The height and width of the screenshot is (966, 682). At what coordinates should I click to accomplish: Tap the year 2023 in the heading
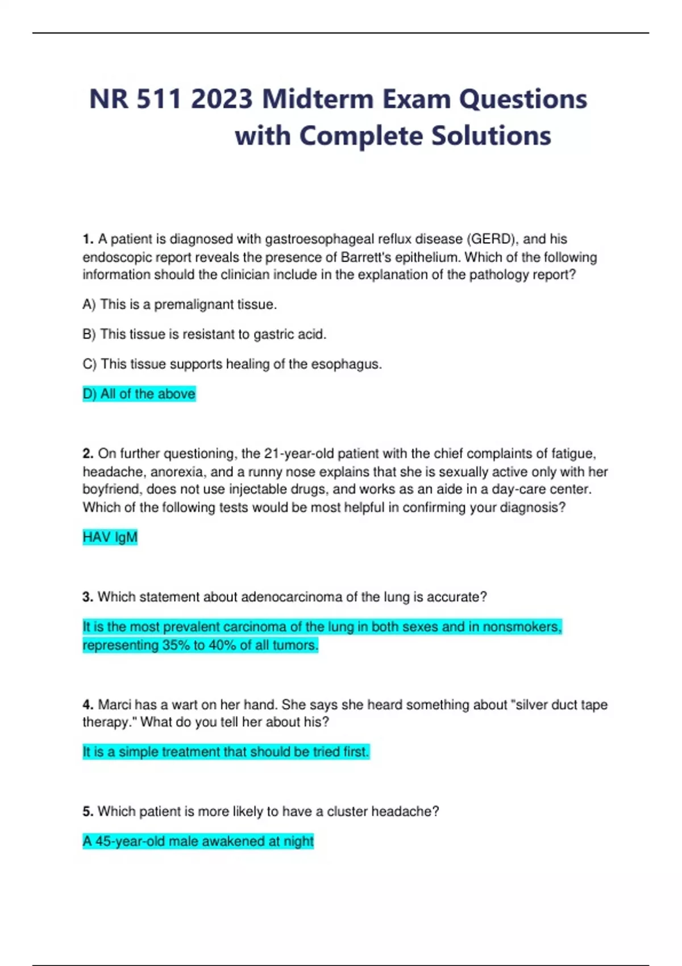pyautogui.click(x=222, y=99)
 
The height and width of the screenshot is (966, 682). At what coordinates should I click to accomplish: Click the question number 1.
pyautogui.click(x=88, y=239)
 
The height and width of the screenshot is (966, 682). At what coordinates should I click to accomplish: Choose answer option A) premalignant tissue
pyautogui.click(x=180, y=305)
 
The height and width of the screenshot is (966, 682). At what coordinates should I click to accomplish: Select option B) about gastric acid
pyautogui.click(x=205, y=334)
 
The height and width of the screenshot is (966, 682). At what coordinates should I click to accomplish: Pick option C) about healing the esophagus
pyautogui.click(x=232, y=364)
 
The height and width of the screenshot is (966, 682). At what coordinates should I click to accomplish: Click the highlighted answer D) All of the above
pyautogui.click(x=139, y=394)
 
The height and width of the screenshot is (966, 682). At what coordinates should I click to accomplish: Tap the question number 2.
pyautogui.click(x=88, y=454)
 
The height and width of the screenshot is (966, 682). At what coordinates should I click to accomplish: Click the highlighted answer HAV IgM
pyautogui.click(x=110, y=538)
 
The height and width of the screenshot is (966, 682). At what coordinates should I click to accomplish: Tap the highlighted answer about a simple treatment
pyautogui.click(x=226, y=752)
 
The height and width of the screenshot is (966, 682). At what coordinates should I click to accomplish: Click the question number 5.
pyautogui.click(x=88, y=812)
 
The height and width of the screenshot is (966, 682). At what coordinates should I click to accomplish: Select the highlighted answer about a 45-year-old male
pyautogui.click(x=198, y=842)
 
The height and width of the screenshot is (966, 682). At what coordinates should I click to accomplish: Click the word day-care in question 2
pyautogui.click(x=519, y=489)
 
